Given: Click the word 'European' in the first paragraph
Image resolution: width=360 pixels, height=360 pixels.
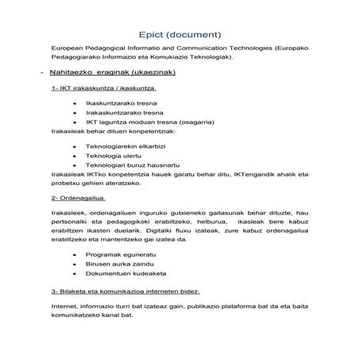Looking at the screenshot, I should pyautogui.click(x=68, y=48).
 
